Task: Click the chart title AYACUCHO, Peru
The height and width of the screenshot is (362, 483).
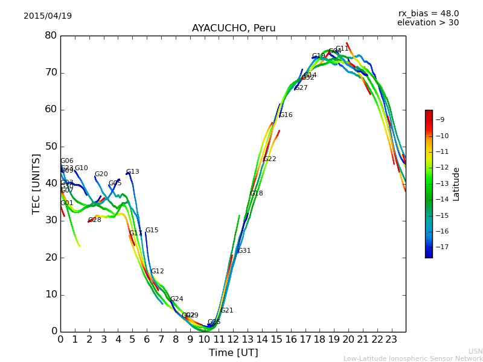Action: click(x=234, y=28)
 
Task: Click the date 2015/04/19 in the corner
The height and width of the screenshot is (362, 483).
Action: click(x=48, y=16)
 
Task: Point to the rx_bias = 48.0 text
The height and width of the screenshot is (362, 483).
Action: click(x=428, y=13)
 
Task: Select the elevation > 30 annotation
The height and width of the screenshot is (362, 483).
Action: click(x=427, y=23)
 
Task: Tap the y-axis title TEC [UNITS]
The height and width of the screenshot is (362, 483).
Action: click(x=37, y=183)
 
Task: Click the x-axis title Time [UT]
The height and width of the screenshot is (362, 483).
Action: click(x=233, y=353)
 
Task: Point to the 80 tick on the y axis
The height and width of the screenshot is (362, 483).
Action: click(x=51, y=36)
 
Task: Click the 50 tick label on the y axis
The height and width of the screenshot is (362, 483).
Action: click(x=51, y=147)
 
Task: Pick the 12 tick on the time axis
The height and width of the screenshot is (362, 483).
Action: click(x=233, y=340)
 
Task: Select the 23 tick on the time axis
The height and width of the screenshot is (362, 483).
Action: click(x=391, y=340)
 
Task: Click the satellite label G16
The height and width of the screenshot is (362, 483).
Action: click(x=286, y=115)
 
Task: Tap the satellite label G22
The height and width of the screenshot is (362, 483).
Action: click(x=269, y=159)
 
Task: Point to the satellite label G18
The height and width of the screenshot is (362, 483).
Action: click(x=256, y=194)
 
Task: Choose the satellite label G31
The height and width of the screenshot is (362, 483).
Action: click(x=244, y=251)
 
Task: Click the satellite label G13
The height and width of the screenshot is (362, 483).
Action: click(x=132, y=172)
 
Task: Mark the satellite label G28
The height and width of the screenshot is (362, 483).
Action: click(x=94, y=220)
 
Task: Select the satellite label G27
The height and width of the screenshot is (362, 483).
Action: click(x=301, y=88)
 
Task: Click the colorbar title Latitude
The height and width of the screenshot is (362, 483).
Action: click(x=456, y=184)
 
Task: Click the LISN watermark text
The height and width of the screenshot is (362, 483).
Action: click(x=475, y=351)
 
